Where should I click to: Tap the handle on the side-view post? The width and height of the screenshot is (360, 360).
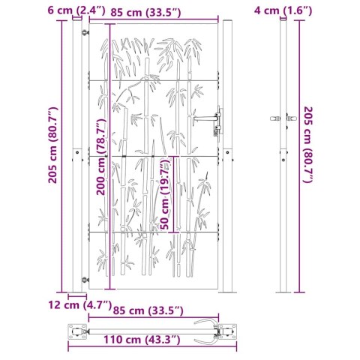click(x=280, y=119)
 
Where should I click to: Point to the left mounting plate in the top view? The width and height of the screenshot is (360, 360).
click(x=77, y=330)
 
